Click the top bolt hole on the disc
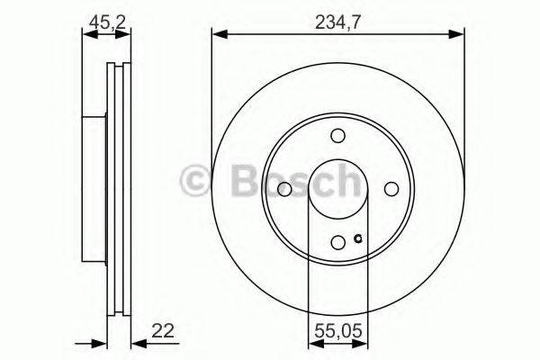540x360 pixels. click(x=337, y=136)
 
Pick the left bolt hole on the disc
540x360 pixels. click(x=283, y=189)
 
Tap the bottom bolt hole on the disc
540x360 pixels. click(x=337, y=242)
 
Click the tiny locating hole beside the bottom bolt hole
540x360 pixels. click(x=357, y=238)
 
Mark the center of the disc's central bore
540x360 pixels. click(x=337, y=189)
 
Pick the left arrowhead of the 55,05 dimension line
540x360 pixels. click(x=312, y=342)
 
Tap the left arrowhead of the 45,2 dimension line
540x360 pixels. click(x=85, y=35)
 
